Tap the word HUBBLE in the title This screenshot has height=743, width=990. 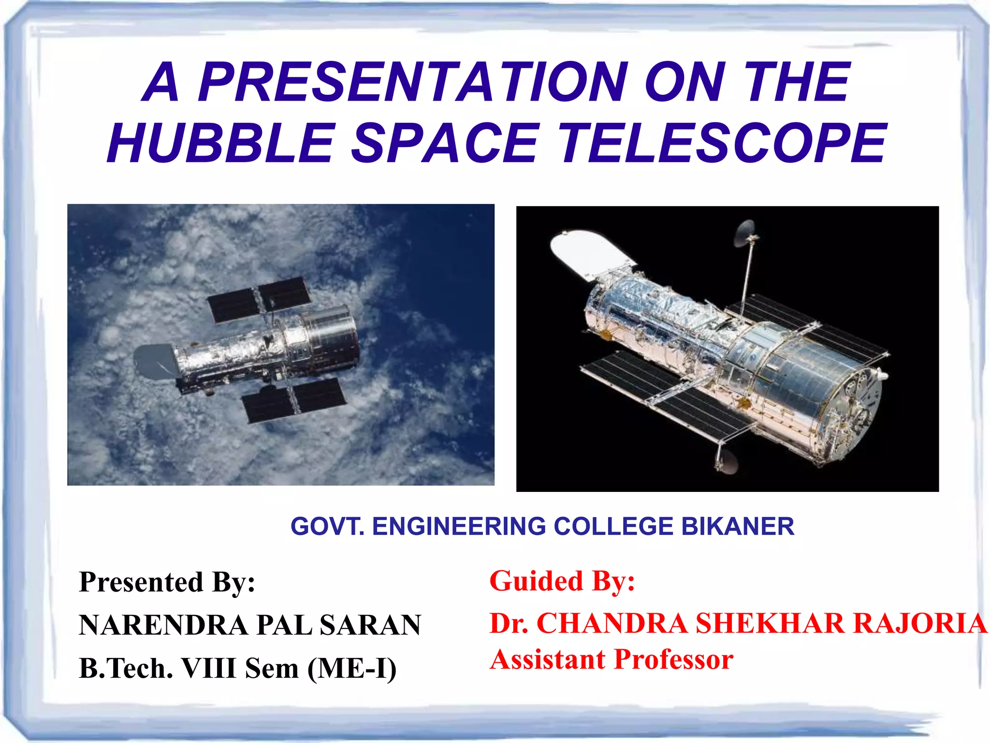pos(220,143)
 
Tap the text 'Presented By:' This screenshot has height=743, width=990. pos(167,582)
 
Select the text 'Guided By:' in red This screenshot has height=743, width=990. pos(562,581)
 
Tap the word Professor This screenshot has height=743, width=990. pos(674,660)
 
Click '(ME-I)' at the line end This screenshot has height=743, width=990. pos(352,669)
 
